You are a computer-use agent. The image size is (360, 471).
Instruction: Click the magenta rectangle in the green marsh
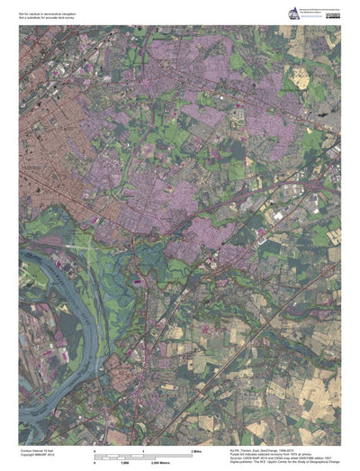(138, 282)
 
